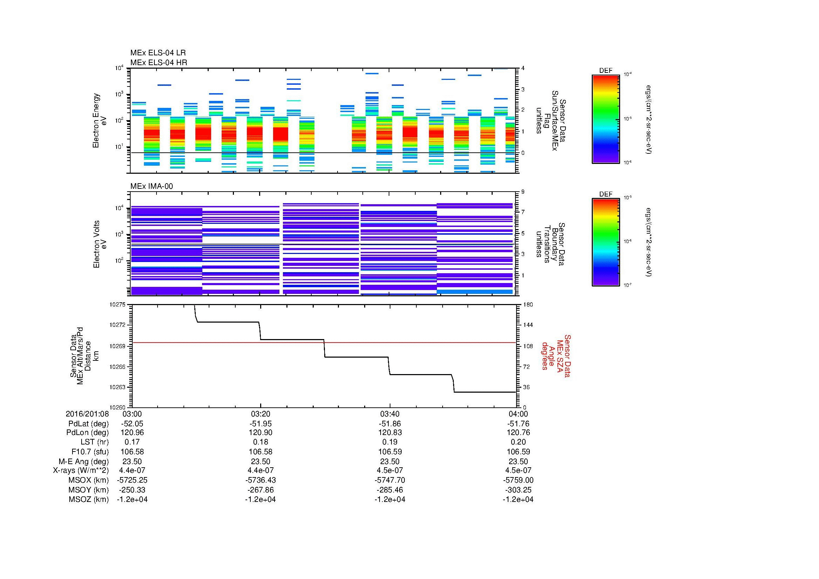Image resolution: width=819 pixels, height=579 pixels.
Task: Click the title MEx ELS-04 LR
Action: pos(158,53)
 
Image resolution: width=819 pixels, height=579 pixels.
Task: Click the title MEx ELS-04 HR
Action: pos(158,62)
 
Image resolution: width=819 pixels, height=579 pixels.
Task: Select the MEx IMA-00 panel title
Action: pos(151,186)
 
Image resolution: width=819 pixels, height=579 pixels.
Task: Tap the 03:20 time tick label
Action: pos(261,414)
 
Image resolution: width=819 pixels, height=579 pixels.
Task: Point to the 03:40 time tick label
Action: pos(389,414)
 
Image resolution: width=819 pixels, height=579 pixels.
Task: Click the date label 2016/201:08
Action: pos(87,414)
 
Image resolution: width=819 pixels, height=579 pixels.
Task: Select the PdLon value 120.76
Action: pos(518,432)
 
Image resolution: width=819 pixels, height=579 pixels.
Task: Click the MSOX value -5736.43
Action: pos(261,480)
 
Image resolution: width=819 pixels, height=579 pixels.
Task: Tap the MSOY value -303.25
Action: pos(518,490)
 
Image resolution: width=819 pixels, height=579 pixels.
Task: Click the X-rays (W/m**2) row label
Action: pos(81,470)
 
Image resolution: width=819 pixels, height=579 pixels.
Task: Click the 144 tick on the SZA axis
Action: pos(527,325)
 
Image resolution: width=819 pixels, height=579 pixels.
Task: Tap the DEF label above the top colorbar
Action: pos(605,71)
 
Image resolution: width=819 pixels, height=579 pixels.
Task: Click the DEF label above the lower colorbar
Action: pos(605,194)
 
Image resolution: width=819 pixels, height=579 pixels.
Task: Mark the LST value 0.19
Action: pos(389,442)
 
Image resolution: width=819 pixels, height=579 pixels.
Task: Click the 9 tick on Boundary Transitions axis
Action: pos(523,192)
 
